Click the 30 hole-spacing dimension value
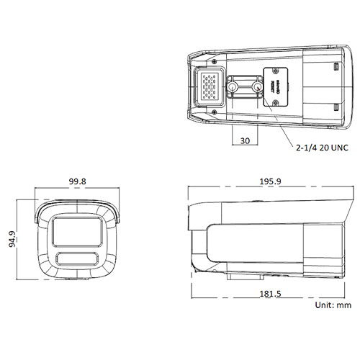[x=245, y=142]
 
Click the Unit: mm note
[x=333, y=306]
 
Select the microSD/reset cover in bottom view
[x=277, y=86]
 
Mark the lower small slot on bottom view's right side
[x=336, y=107]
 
